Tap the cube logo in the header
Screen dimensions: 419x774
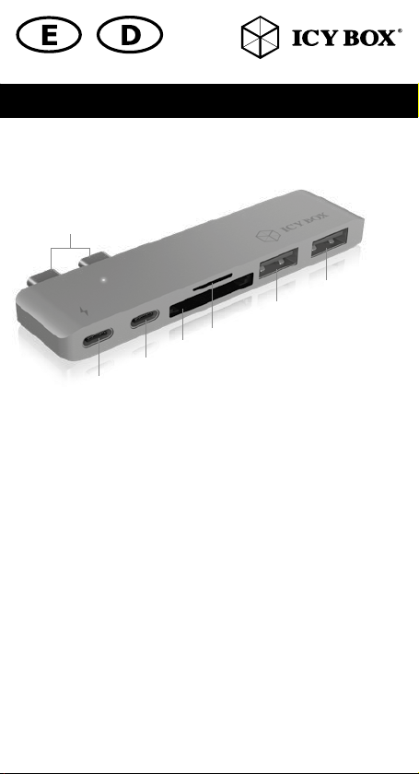pyautogui.click(x=260, y=37)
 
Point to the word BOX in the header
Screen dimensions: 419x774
pyautogui.click(x=370, y=38)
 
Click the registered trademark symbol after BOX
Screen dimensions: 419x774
pyautogui.click(x=400, y=31)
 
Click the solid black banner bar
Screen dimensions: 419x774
pyautogui.click(x=209, y=100)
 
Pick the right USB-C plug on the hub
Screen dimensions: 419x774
pyautogui.click(x=95, y=259)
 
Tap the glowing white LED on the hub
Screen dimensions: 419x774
pyautogui.click(x=104, y=280)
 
